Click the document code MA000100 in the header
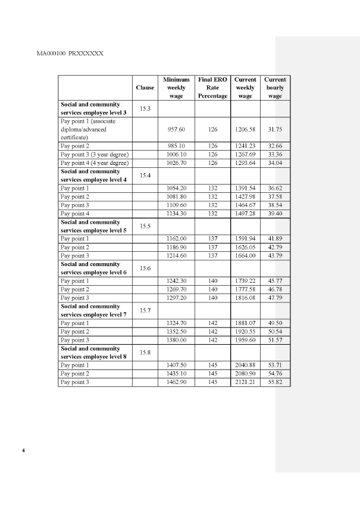[x=51, y=53]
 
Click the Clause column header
[x=145, y=88]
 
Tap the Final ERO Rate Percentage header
[x=212, y=88]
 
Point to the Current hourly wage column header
[x=275, y=88]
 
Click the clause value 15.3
[x=145, y=108]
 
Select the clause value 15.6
[x=145, y=268]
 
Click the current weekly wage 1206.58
[x=245, y=129]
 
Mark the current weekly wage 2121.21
[x=245, y=382]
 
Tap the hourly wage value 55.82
[x=275, y=382]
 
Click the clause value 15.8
[x=145, y=352]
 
